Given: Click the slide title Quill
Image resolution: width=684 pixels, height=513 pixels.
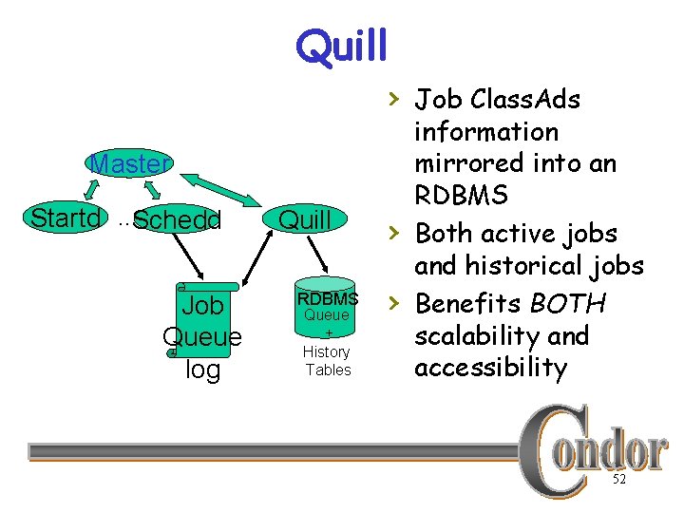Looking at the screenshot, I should tap(341, 45).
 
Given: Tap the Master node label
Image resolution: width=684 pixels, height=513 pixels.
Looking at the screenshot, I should tap(129, 163).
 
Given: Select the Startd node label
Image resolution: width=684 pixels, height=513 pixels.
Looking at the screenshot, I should tap(66, 218).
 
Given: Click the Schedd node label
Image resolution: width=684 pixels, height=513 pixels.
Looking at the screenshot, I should tap(177, 220).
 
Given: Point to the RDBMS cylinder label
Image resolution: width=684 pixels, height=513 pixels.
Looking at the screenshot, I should tap(326, 298).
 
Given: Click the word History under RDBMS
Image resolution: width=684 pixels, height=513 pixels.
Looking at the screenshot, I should tap(326, 351).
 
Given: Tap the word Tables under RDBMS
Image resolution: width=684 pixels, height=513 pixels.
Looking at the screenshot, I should tap(328, 370).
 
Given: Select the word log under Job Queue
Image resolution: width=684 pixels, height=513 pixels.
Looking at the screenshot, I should tap(202, 369).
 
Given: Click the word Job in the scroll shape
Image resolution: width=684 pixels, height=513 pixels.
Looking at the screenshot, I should tap(202, 306).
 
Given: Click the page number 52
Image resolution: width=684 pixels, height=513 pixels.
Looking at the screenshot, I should tap(618, 481).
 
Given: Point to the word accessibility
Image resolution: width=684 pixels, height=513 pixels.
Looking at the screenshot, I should tap(491, 368).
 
